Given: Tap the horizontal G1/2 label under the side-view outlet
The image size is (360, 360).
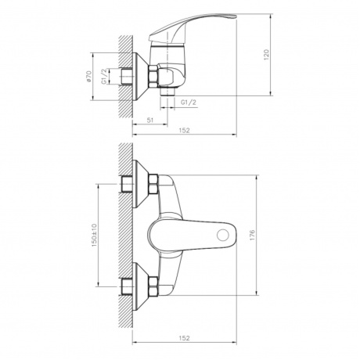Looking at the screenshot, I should [187, 103].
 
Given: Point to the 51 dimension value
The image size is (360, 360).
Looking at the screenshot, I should [149, 120].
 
